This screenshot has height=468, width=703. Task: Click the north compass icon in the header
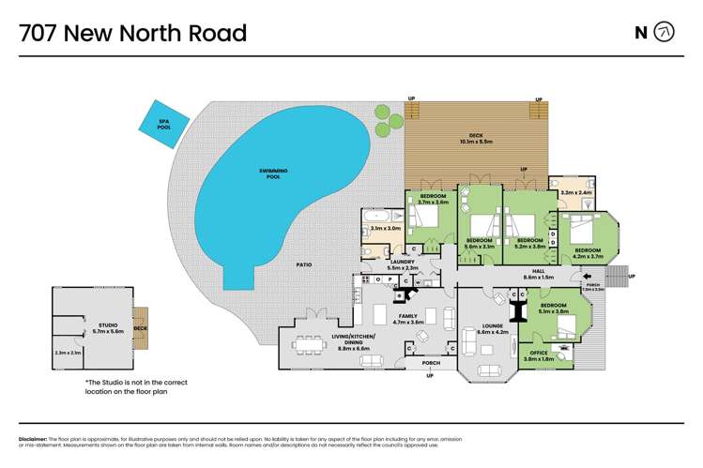point(664,33)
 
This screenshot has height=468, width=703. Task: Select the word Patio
point(304,265)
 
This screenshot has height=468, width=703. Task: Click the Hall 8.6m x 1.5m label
point(537,274)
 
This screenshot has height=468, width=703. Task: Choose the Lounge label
point(492,328)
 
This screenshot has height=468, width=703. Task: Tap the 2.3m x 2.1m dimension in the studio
point(67,353)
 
